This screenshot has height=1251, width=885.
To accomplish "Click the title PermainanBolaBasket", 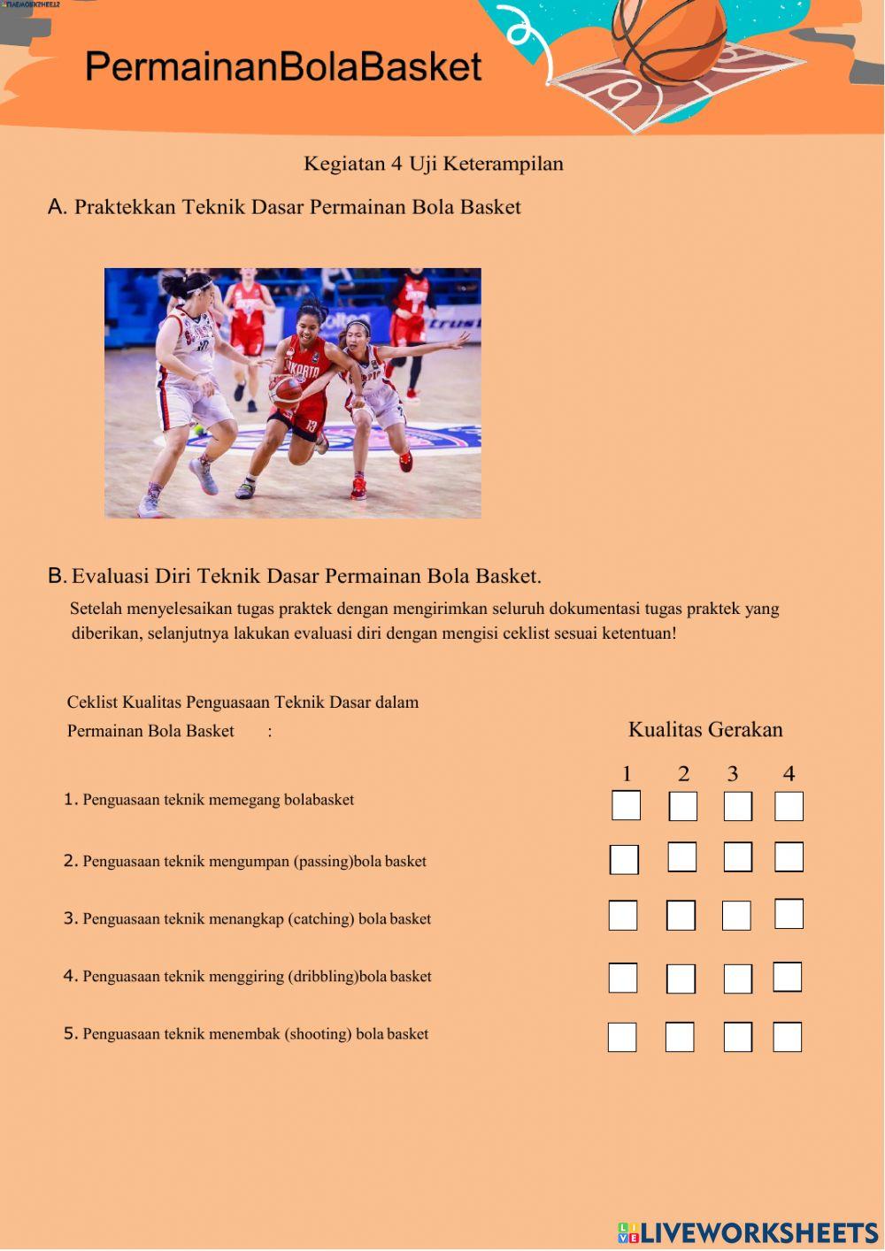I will [283, 67].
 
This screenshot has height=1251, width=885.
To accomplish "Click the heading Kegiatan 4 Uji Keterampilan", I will [433, 164].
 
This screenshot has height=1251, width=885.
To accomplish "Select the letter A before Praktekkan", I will [57, 207].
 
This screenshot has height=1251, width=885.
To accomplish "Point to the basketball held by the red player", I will [285, 389].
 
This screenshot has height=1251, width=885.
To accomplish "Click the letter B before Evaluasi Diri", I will [57, 576].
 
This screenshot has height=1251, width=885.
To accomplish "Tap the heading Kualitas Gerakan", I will [705, 730].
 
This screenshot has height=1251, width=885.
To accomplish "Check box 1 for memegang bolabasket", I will [626, 806].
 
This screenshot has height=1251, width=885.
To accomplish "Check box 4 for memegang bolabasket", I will [789, 806].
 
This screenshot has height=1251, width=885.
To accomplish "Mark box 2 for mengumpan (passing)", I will [681, 857].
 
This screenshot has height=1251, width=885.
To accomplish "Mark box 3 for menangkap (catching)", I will [736, 916].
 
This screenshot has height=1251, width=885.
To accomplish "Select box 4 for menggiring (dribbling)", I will [787, 977].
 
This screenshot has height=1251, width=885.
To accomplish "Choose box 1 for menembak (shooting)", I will [622, 1037].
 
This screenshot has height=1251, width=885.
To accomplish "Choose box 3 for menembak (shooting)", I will [737, 1037].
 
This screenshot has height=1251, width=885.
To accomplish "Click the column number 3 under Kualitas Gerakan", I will [733, 774].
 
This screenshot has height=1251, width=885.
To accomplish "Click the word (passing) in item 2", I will [323, 862].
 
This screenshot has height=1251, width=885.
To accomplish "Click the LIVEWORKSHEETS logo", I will [748, 1232].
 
